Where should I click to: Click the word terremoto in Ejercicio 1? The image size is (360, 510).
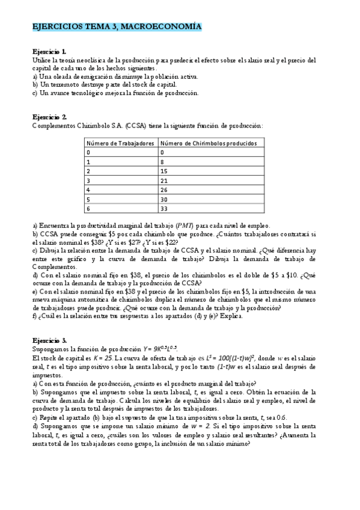[x=66, y=85]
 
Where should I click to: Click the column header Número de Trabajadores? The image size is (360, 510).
[x=120, y=143]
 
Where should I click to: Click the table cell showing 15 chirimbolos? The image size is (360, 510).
[x=164, y=171]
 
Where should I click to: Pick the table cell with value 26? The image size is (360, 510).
[x=164, y=189]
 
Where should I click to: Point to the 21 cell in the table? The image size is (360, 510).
[x=164, y=180]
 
